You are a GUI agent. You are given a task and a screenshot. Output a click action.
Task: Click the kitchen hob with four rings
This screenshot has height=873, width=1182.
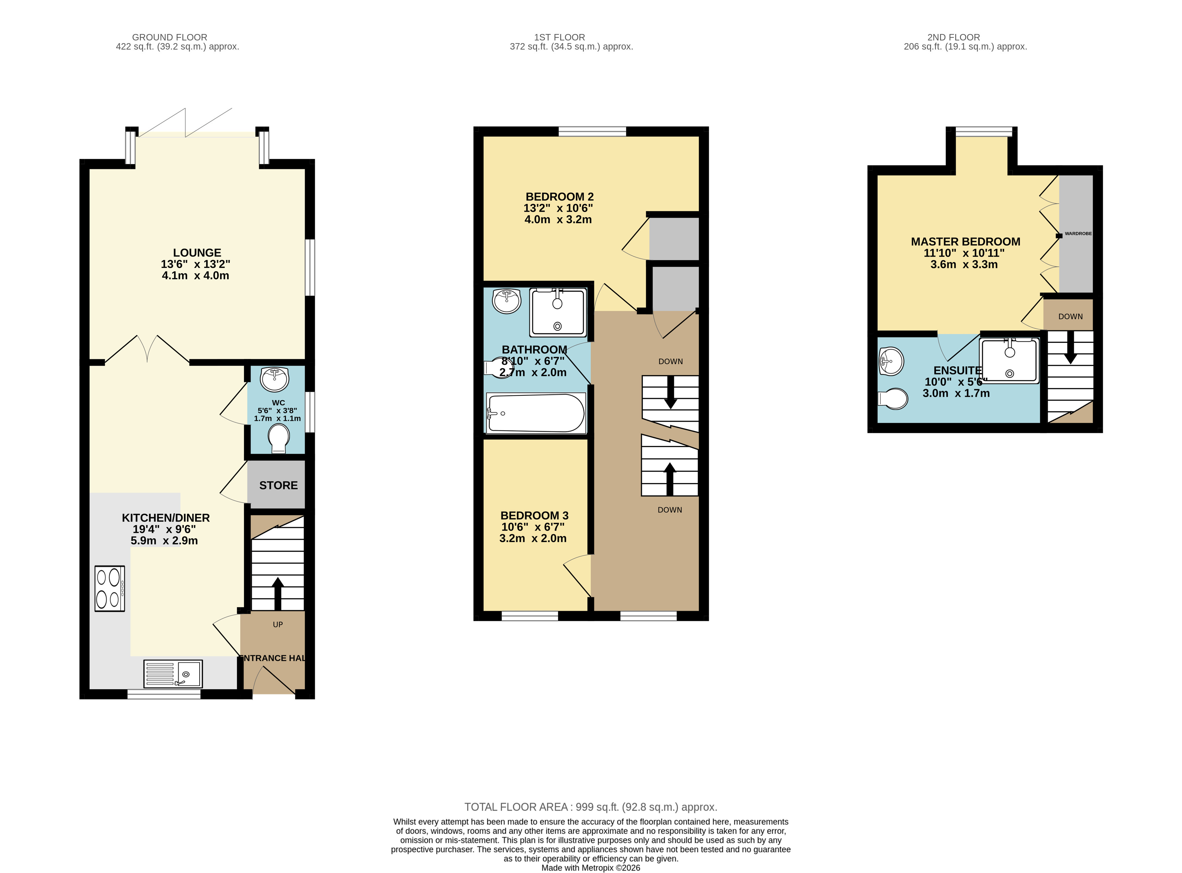(x=110, y=589)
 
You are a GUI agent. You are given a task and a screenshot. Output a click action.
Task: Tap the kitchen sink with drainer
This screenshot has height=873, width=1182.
(x=173, y=674)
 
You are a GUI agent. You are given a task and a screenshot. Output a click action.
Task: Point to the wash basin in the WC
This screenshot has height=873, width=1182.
(x=275, y=379)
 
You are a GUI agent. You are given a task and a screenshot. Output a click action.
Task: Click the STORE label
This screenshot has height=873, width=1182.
(x=278, y=485)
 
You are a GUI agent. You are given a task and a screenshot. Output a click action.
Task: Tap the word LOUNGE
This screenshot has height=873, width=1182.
(x=197, y=252)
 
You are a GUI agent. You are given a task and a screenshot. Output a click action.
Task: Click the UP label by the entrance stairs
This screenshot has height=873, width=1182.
(x=278, y=625)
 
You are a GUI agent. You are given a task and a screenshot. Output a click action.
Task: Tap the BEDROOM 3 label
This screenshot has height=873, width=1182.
(x=534, y=515)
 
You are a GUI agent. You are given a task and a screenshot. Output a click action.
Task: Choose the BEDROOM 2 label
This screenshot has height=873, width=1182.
(x=559, y=197)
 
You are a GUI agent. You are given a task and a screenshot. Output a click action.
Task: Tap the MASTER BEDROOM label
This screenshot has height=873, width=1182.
(x=965, y=241)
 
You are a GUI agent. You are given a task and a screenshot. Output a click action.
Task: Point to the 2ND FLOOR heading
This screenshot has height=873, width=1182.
(x=954, y=37)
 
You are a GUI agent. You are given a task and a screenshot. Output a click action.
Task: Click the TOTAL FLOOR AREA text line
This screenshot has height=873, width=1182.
(x=591, y=807)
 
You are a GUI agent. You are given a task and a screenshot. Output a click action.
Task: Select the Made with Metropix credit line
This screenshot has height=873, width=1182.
(x=591, y=868)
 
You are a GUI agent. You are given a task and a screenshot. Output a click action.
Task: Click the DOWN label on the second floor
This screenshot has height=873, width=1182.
(x=1070, y=317)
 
